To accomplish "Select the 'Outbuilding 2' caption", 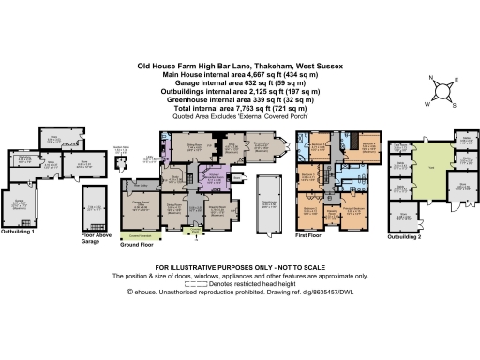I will click(406, 238).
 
